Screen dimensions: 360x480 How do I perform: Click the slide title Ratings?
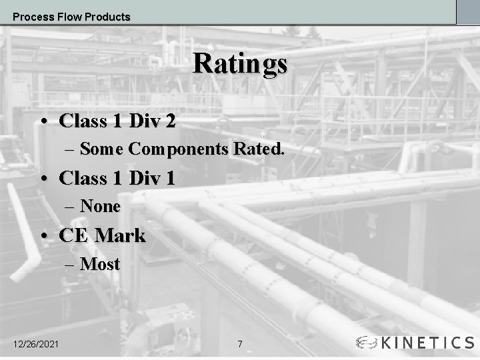[x=240, y=65]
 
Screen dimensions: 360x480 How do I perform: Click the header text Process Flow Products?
[x=71, y=17]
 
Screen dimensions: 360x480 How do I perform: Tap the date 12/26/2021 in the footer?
[x=36, y=344]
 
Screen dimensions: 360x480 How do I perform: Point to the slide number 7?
[x=240, y=344]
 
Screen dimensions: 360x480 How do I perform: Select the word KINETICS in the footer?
[x=427, y=343]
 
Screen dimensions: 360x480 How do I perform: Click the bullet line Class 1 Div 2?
[x=117, y=121]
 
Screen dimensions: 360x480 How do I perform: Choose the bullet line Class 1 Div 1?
[x=117, y=178]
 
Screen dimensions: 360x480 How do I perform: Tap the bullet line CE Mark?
[x=102, y=235]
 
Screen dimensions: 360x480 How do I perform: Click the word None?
[x=100, y=207]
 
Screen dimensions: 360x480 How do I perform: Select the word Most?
[x=100, y=264]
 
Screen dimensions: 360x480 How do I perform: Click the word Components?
[x=178, y=149]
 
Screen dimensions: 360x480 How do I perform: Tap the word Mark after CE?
[x=120, y=235]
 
